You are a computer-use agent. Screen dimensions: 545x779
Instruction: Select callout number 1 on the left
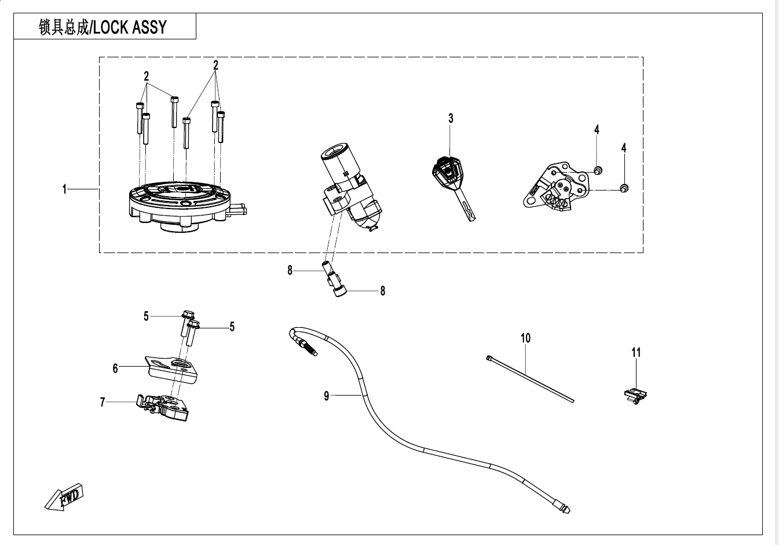pyautogui.click(x=65, y=189)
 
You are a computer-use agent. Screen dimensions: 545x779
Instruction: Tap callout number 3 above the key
pyautogui.click(x=451, y=118)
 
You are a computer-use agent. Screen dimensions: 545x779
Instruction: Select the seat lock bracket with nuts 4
pyautogui.click(x=556, y=185)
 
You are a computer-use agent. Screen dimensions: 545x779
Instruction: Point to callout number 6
pyautogui.click(x=115, y=368)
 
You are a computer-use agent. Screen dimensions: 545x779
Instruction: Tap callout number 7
pyautogui.click(x=103, y=402)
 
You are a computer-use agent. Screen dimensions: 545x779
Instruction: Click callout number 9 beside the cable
pyautogui.click(x=327, y=396)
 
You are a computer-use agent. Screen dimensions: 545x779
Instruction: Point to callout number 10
pyautogui.click(x=525, y=338)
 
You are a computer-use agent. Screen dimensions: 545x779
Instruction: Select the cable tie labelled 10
pyautogui.click(x=530, y=379)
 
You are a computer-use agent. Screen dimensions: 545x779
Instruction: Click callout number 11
pyautogui.click(x=636, y=352)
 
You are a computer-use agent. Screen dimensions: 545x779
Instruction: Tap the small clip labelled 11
pyautogui.click(x=635, y=396)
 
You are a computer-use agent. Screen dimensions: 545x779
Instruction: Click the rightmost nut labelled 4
pyautogui.click(x=624, y=188)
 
